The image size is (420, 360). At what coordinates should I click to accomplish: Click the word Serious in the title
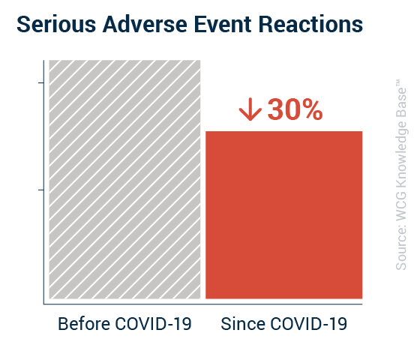(x=56, y=24)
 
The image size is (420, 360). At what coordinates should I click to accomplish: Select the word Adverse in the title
(x=145, y=24)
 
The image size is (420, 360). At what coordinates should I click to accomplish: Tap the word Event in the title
(x=223, y=24)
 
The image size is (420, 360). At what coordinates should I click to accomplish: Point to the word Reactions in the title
(x=310, y=24)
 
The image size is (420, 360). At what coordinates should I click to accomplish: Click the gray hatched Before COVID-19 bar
(x=124, y=179)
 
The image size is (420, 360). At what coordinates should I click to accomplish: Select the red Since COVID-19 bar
(x=284, y=214)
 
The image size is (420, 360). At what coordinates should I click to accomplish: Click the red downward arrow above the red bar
(x=250, y=109)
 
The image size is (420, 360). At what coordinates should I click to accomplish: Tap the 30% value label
(x=295, y=109)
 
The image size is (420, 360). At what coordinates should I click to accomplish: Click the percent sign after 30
(x=312, y=109)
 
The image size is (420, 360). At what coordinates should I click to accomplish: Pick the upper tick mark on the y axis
(x=41, y=82)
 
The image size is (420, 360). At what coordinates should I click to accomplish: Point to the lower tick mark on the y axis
(x=41, y=190)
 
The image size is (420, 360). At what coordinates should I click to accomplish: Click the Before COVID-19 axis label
(x=124, y=324)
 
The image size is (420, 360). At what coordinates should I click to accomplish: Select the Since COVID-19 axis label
(x=284, y=324)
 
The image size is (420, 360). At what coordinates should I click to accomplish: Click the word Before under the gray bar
(x=84, y=324)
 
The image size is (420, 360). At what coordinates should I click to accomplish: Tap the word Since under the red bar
(x=243, y=324)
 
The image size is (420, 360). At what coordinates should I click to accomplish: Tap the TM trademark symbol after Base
(x=398, y=82)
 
